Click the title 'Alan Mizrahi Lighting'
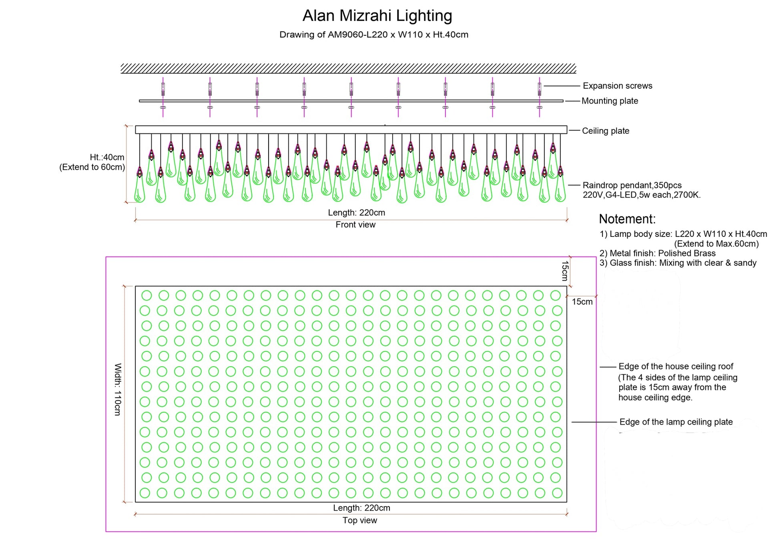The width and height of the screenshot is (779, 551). click(x=377, y=16)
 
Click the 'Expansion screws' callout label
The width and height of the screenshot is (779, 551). click(x=617, y=86)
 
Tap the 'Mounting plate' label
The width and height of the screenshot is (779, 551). click(x=610, y=101)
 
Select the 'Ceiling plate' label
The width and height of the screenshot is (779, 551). click(x=605, y=131)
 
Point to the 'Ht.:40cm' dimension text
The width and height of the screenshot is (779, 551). click(x=107, y=157)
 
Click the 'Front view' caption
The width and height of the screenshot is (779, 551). click(x=355, y=225)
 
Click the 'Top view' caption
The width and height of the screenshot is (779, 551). click(x=359, y=520)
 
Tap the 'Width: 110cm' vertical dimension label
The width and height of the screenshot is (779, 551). click(x=118, y=390)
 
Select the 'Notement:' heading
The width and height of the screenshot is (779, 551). click(x=627, y=219)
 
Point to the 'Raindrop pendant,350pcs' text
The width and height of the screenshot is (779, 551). click(x=632, y=185)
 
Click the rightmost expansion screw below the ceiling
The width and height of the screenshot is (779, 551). click(x=540, y=89)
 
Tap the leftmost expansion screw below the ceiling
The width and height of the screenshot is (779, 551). click(x=163, y=89)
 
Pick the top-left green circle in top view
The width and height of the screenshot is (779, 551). click(x=147, y=295)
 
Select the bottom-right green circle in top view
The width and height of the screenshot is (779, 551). click(x=557, y=493)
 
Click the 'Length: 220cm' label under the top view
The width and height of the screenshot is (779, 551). click(x=361, y=508)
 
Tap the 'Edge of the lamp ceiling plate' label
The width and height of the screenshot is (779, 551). click(x=676, y=422)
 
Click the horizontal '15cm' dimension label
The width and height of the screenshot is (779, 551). click(x=582, y=302)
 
